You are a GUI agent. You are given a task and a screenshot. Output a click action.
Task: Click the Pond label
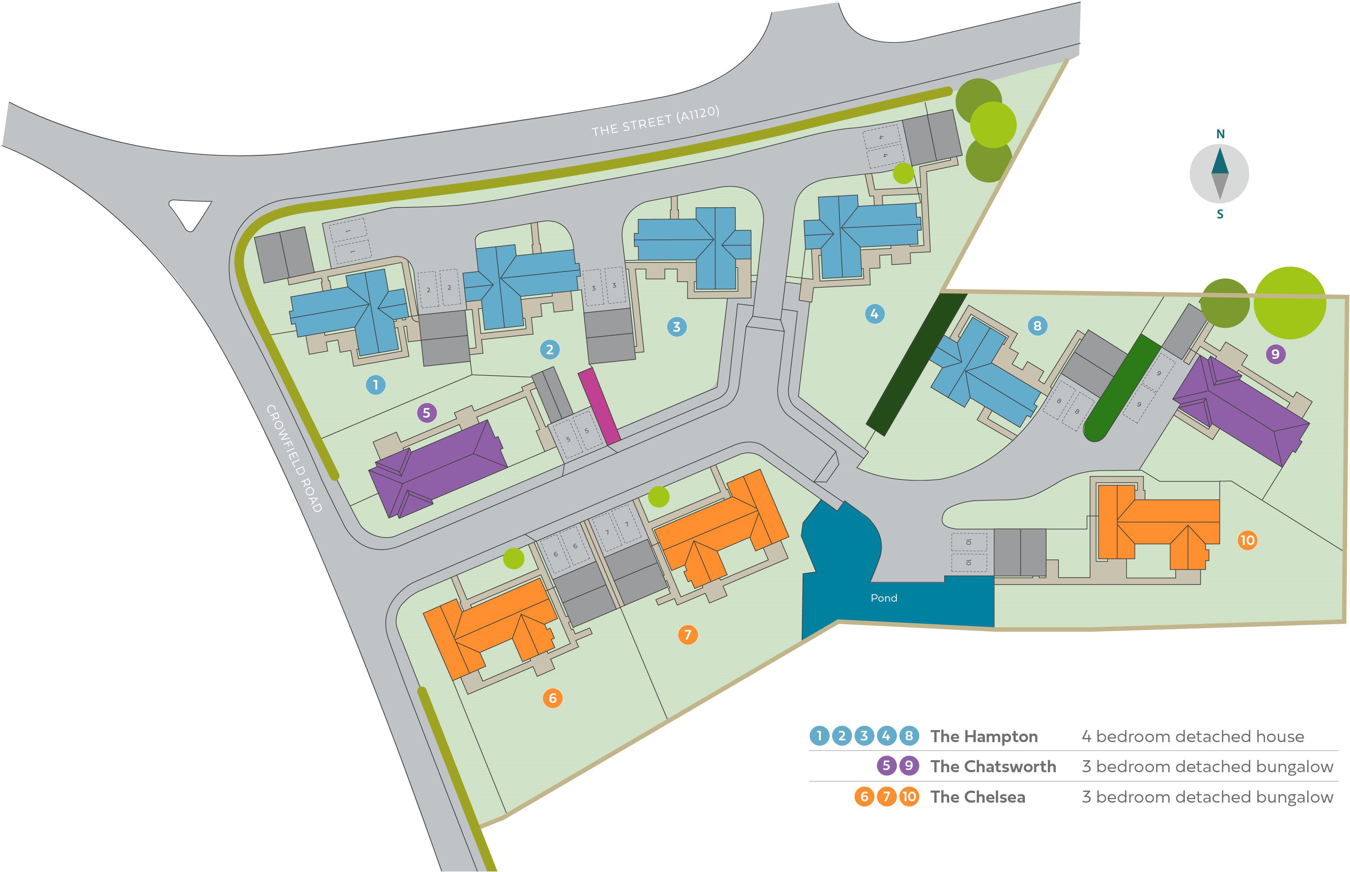click(x=884, y=598)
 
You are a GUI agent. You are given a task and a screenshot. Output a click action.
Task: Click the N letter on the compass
click(x=1221, y=134)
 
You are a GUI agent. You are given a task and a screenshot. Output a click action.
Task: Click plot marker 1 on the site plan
click(x=376, y=385)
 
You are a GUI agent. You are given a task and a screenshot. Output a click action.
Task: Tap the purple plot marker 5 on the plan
click(x=427, y=413)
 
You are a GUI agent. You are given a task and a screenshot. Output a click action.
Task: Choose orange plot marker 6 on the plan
click(x=553, y=698)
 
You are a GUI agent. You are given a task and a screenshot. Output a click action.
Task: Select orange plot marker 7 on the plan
click(x=688, y=635)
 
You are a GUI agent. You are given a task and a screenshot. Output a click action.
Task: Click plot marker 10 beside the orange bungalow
click(x=1247, y=540)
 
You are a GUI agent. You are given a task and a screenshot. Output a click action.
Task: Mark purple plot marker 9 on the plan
click(x=1275, y=355)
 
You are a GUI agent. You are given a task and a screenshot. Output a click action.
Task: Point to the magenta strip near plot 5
click(x=599, y=406)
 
